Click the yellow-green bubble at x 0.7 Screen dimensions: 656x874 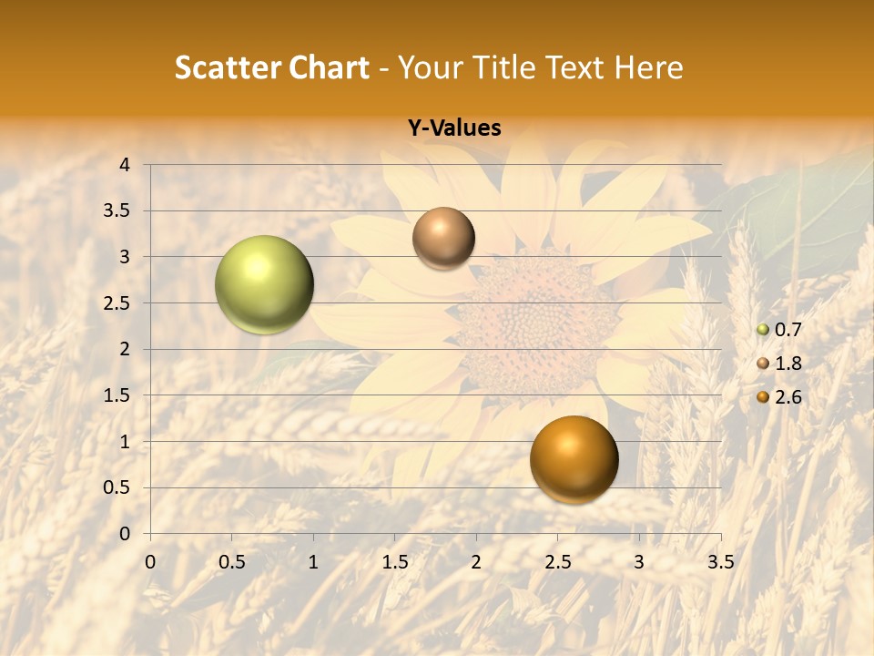coord(264,284)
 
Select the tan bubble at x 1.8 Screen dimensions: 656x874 coord(443,238)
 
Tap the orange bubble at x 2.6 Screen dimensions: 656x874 coord(574,459)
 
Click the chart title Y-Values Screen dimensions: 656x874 coord(454,128)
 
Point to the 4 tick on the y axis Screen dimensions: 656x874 coord(125,165)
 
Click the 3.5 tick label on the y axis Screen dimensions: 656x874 coord(117,211)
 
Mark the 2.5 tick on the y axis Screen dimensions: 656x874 coord(117,303)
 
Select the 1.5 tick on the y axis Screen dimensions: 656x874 coord(117,395)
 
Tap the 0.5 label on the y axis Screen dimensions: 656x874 coord(117,487)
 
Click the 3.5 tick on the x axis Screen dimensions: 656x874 coord(720,562)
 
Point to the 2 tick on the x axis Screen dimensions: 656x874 coord(476,562)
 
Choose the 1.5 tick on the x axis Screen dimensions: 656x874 coord(394,562)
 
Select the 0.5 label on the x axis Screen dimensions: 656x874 coord(231,562)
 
